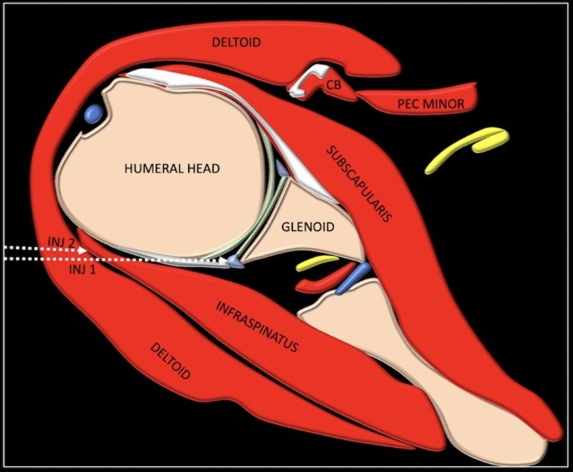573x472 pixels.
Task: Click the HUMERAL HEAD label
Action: pos(171,168)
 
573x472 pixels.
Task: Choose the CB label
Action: pos(333,84)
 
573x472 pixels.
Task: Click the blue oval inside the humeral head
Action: pos(93,111)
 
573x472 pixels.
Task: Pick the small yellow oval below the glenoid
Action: pos(314,263)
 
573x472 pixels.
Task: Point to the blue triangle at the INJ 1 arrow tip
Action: pos(238,264)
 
